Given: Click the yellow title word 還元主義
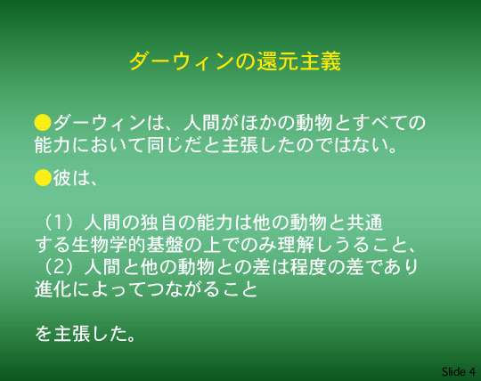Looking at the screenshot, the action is point(298,61).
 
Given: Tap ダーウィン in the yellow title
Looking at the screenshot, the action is point(183,61).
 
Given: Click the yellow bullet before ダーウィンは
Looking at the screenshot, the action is point(43,123).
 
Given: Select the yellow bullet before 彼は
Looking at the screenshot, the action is point(43,178).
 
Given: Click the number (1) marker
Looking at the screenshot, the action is point(59,223).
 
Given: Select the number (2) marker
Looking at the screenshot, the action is point(59,267).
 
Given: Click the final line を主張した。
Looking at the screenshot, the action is point(86,334).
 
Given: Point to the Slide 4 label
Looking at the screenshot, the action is point(459,371).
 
